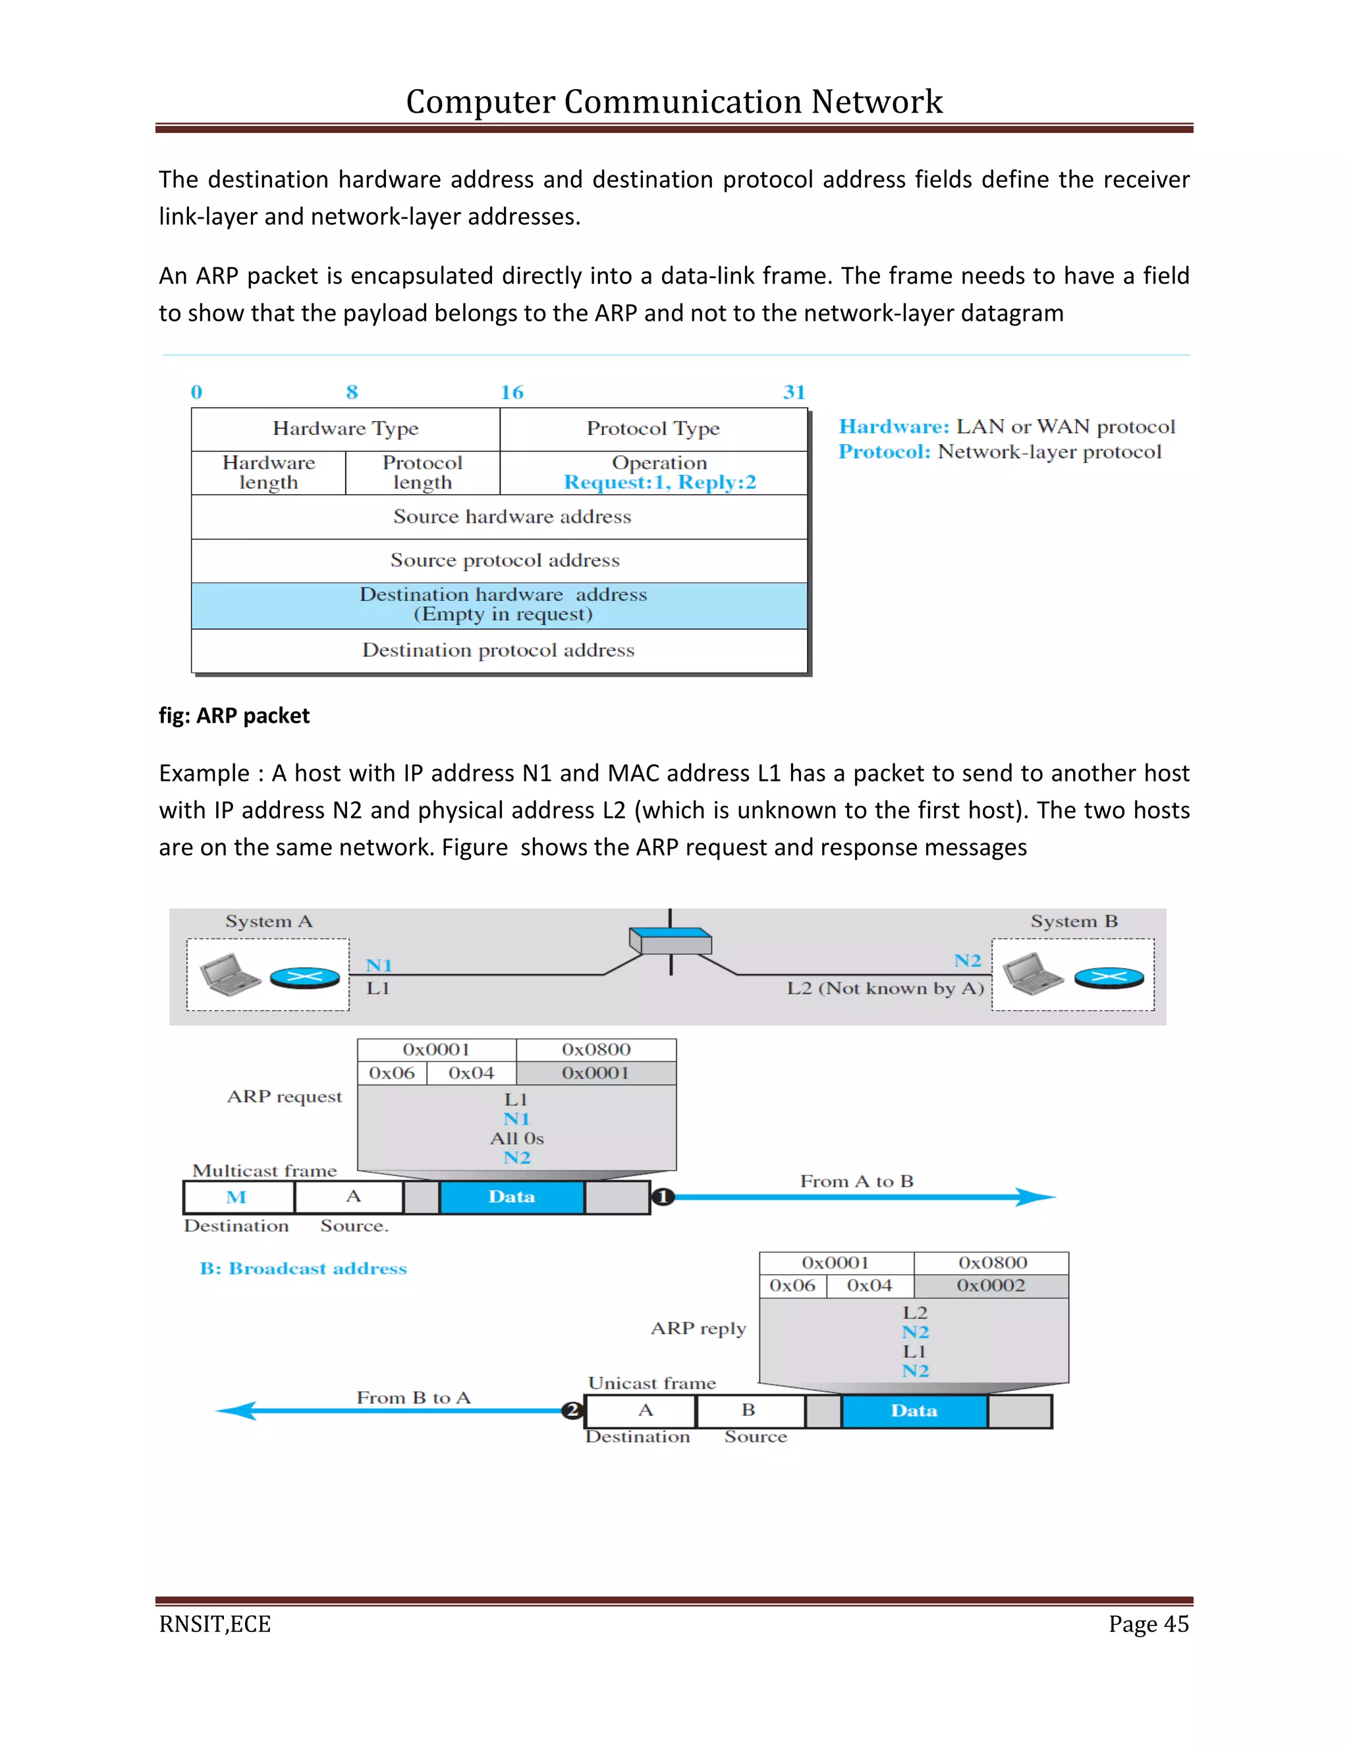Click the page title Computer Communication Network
[x=674, y=101]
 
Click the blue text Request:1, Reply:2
[x=659, y=483]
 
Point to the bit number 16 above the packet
[x=511, y=393]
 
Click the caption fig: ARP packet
[x=233, y=716]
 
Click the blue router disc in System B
[x=1109, y=977]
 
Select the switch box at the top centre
[x=671, y=941]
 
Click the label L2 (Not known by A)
[x=885, y=988]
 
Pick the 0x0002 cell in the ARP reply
[x=990, y=1285]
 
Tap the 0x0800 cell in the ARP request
[x=596, y=1050]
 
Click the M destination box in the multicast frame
[x=237, y=1197]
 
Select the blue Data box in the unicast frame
[x=914, y=1411]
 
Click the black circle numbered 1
[x=663, y=1197]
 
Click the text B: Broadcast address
[x=303, y=1269]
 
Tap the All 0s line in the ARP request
[x=516, y=1139]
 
